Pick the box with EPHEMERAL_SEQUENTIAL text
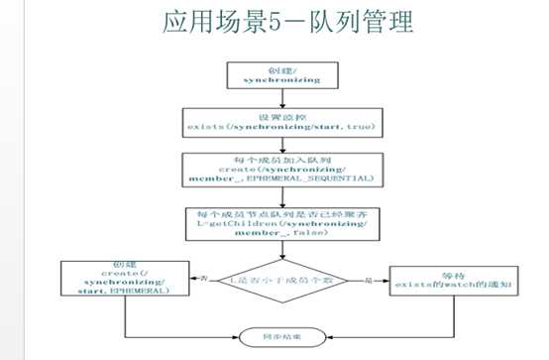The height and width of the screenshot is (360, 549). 279,170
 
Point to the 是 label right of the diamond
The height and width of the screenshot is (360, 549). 367,279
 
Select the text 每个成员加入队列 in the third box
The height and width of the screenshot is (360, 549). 279,159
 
